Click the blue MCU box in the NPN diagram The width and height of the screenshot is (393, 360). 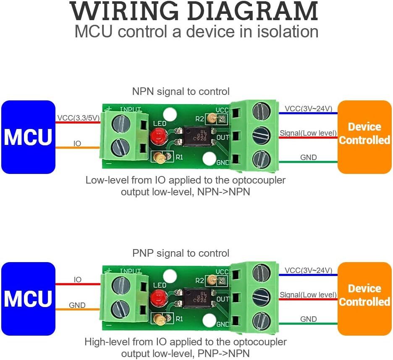[28, 137]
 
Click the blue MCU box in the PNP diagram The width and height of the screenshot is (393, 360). [28, 299]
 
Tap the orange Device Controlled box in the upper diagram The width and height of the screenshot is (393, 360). [364, 137]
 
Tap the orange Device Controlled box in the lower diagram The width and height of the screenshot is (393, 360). [364, 299]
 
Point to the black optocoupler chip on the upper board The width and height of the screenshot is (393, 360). [197, 136]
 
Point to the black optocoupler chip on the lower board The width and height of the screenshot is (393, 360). [197, 298]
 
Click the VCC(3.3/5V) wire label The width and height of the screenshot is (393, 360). [79, 118]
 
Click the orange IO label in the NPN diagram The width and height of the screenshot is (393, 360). [77, 143]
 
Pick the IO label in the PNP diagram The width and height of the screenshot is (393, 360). [78, 279]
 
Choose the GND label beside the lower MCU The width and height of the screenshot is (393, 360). [77, 305]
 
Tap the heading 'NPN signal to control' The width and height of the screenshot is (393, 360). [181, 92]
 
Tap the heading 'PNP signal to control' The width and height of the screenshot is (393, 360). [181, 253]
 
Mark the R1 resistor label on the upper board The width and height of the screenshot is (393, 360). [179, 157]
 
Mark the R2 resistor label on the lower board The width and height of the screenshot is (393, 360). [199, 281]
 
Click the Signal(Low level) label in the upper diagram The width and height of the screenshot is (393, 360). [308, 133]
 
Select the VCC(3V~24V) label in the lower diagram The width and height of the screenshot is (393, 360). [309, 270]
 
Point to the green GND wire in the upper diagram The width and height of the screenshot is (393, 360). [308, 162]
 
